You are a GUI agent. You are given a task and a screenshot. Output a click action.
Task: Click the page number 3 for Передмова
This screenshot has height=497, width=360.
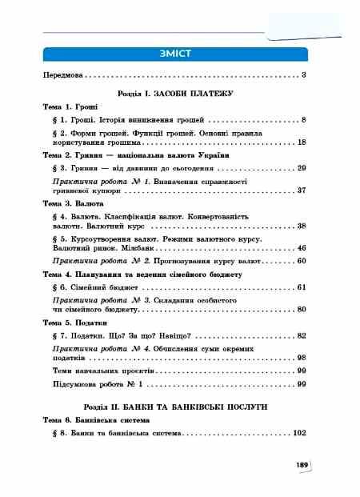pos(305,75)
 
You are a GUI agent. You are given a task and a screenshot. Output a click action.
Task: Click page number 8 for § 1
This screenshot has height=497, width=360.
pos(305,119)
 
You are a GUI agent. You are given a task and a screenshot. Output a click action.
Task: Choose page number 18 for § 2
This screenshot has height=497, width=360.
pos(302,142)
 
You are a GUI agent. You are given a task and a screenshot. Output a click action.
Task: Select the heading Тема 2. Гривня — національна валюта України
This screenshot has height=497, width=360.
pos(125,154)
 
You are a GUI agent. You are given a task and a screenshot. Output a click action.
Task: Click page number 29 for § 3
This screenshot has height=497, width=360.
pos(302,168)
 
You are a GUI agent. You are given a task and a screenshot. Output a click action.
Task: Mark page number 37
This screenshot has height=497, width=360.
pos(302,190)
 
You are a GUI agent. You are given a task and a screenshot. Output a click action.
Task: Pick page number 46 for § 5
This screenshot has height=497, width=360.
pos(302,248)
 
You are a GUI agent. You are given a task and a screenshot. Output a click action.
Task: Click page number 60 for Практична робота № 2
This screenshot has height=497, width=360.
pos(302,261)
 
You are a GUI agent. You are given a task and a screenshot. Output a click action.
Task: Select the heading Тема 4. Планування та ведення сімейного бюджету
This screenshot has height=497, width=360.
pos(142,274)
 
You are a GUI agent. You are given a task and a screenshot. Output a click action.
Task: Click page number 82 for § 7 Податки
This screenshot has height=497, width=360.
pos(302,335)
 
